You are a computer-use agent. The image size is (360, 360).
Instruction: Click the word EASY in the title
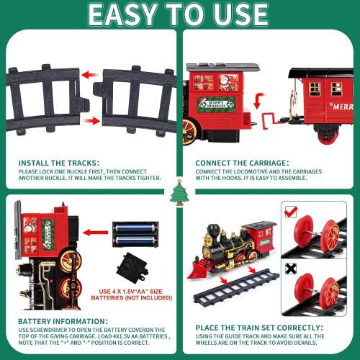[128, 14]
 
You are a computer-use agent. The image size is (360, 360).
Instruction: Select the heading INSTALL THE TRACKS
[58, 163]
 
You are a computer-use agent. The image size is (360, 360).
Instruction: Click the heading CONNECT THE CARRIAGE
[243, 163]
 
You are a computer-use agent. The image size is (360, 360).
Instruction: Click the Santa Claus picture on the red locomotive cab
[225, 78]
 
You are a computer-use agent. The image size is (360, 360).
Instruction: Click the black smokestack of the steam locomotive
[213, 233]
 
